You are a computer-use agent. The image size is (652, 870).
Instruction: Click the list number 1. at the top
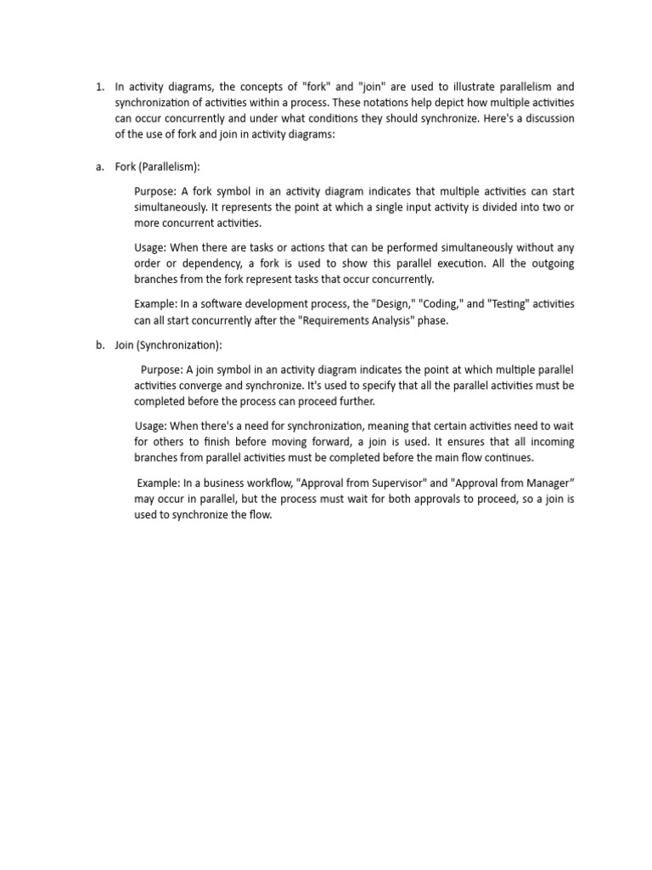tap(99, 87)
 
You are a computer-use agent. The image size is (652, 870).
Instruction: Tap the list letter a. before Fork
tap(99, 167)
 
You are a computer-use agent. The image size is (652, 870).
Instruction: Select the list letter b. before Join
tap(99, 345)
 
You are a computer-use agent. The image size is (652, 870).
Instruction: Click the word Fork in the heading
tap(127, 167)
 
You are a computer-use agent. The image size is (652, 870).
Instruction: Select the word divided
tap(483, 207)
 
